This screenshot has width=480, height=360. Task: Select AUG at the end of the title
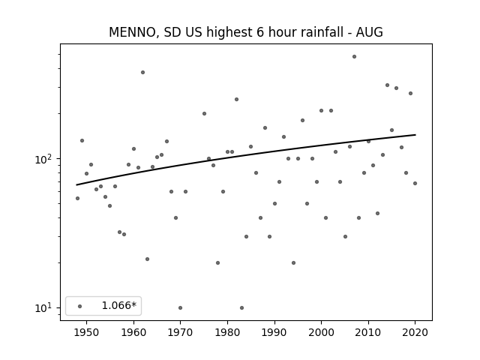point(370,32)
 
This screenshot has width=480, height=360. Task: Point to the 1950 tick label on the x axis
point(86,332)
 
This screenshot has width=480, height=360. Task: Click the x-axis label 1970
point(180,332)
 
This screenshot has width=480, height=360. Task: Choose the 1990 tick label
point(274,332)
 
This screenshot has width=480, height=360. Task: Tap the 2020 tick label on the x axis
point(415,332)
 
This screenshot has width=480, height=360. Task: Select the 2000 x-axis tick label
point(321,332)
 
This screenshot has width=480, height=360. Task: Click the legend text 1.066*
point(118,305)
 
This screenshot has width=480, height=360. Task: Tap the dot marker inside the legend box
point(80,306)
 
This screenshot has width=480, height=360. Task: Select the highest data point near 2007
point(354,57)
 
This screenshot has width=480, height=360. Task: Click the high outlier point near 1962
point(142,73)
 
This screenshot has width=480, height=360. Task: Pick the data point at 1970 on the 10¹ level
point(180,308)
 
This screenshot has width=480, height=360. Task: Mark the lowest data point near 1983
point(241,308)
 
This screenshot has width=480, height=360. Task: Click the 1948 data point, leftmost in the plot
point(77,198)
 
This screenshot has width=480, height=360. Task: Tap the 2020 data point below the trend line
point(415,183)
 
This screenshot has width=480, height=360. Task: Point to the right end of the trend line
point(415,135)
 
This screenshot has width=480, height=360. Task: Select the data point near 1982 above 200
point(236,100)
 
